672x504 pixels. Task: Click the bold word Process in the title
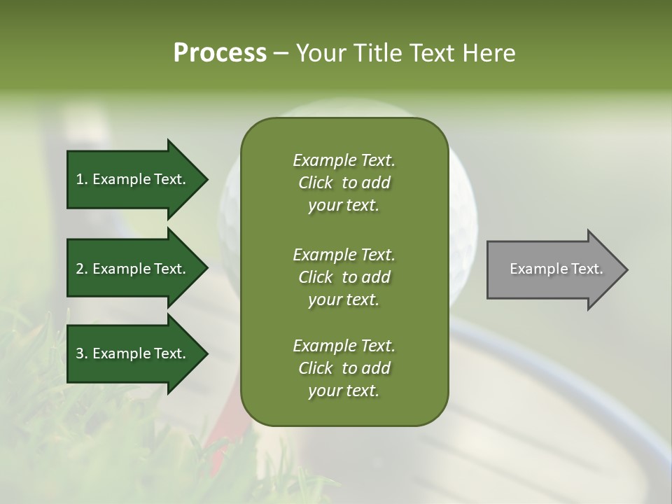coord(220,53)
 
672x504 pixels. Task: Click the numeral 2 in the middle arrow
coord(80,269)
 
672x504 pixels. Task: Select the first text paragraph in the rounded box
coord(344,183)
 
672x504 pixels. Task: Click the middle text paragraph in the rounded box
coord(344,277)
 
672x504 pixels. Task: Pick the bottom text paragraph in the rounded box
coord(344,368)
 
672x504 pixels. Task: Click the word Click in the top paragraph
coord(315,183)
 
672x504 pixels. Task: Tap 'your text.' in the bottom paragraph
coord(344,391)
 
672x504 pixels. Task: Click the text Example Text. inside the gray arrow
coord(556,269)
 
